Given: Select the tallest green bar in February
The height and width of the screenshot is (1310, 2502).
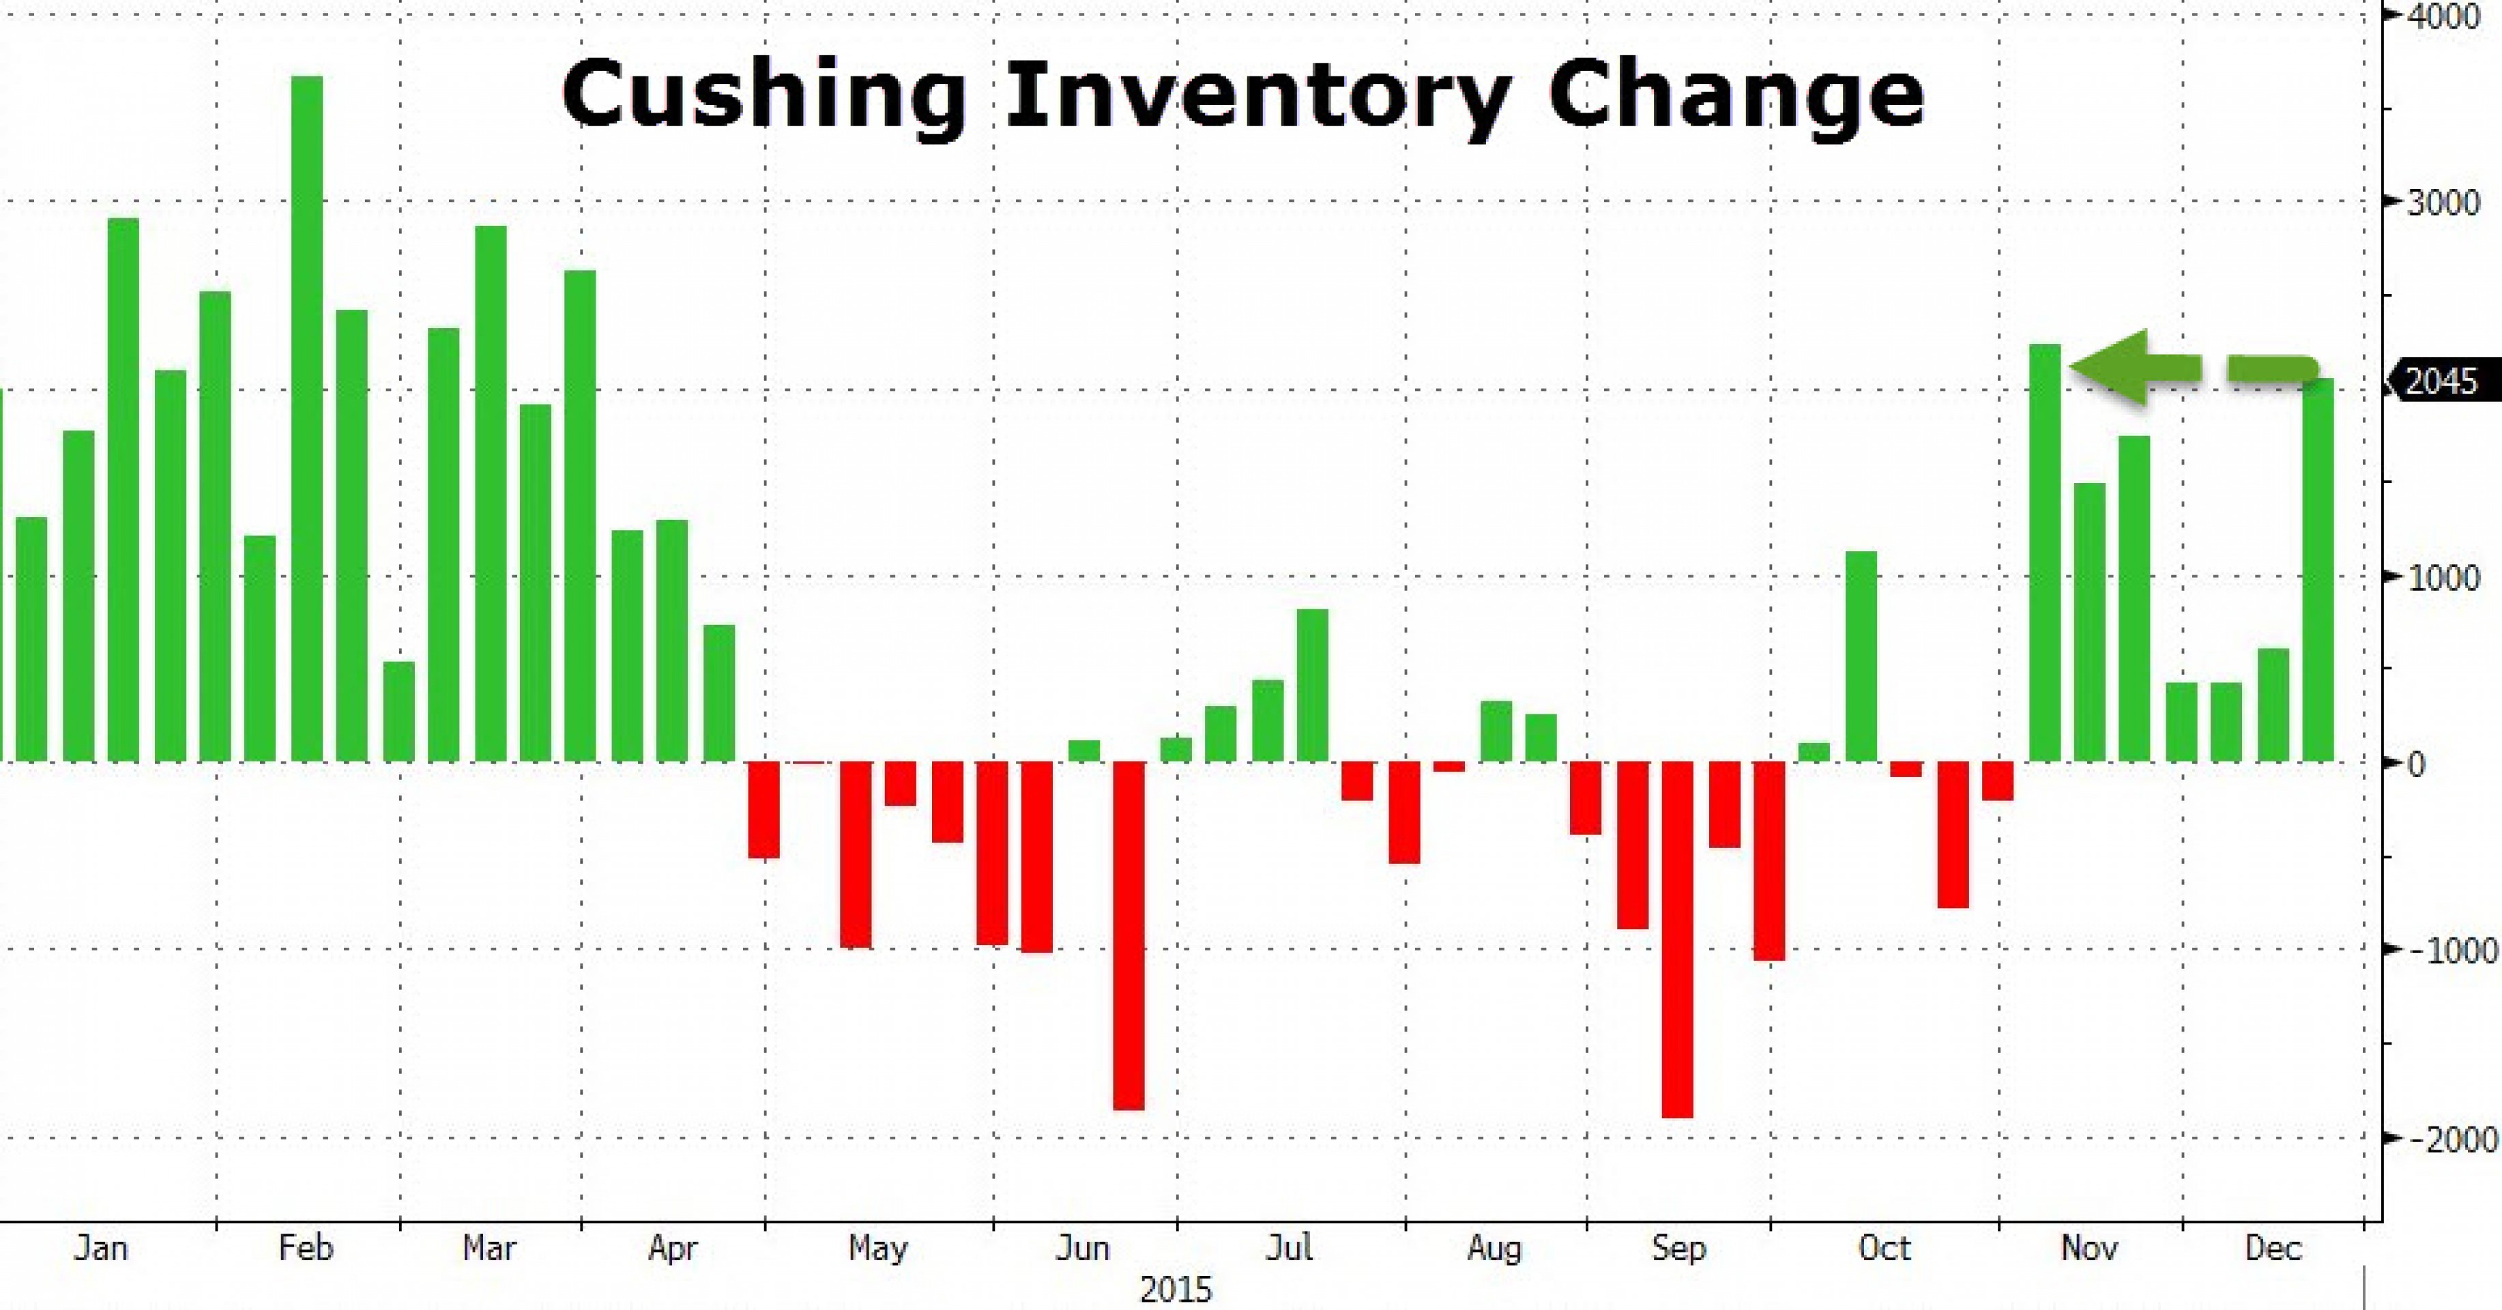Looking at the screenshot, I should coord(307,418).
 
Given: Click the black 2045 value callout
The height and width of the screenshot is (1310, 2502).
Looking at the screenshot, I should coord(2443,381).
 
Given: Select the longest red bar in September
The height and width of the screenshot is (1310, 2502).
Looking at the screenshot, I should coord(1677,939).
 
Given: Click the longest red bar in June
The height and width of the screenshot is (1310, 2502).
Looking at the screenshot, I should coord(1129,935).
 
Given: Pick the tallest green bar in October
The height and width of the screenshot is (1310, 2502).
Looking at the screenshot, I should coord(1861,656).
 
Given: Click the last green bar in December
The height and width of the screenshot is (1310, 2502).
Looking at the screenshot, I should coord(2318,570).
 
